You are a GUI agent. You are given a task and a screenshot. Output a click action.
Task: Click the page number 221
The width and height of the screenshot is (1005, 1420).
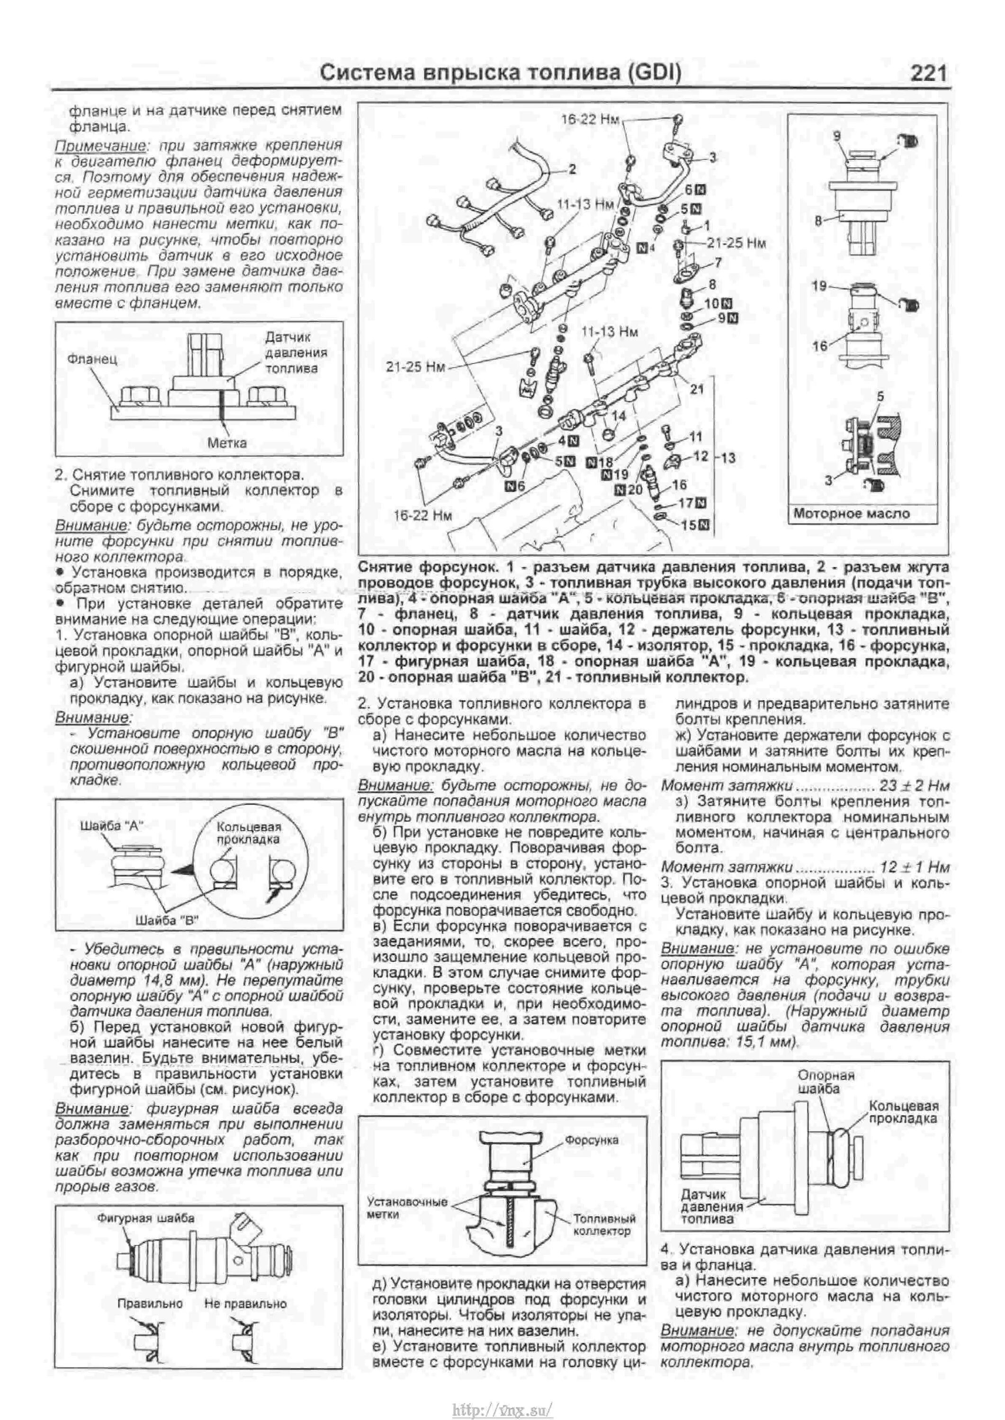point(928,73)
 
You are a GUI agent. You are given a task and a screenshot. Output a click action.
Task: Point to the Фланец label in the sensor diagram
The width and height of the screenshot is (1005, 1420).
point(93,359)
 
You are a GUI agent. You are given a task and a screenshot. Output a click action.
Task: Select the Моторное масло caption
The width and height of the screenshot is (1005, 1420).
point(852,513)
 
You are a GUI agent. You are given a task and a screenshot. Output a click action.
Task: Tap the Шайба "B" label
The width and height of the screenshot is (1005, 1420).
point(166,920)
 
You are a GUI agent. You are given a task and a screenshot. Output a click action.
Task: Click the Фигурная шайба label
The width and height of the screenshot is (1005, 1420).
point(145,1218)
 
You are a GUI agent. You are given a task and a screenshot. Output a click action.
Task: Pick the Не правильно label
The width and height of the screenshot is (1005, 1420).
point(245,1304)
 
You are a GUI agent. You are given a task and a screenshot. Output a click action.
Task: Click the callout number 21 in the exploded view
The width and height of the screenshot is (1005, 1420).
point(697,389)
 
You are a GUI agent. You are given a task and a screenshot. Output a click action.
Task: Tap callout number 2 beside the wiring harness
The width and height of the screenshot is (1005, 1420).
point(573,168)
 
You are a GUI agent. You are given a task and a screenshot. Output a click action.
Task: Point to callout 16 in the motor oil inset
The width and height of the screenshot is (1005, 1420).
point(820,346)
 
